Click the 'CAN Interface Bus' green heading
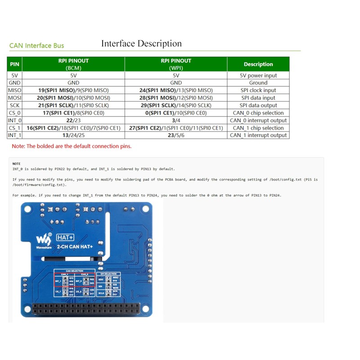tap(37, 45)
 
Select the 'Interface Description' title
tap(141, 44)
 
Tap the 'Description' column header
tap(258, 64)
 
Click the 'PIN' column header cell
tap(14, 64)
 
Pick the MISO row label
tap(14, 90)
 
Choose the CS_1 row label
tap(14, 128)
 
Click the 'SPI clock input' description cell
tap(258, 90)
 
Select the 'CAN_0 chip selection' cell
tap(258, 113)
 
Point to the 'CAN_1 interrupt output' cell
tap(258, 135)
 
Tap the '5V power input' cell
tap(258, 76)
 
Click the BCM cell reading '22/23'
tap(73, 120)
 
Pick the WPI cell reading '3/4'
tap(176, 120)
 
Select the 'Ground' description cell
tap(258, 83)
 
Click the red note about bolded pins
tap(72, 146)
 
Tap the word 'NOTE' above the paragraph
tap(17, 163)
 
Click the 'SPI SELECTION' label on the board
tap(108, 274)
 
